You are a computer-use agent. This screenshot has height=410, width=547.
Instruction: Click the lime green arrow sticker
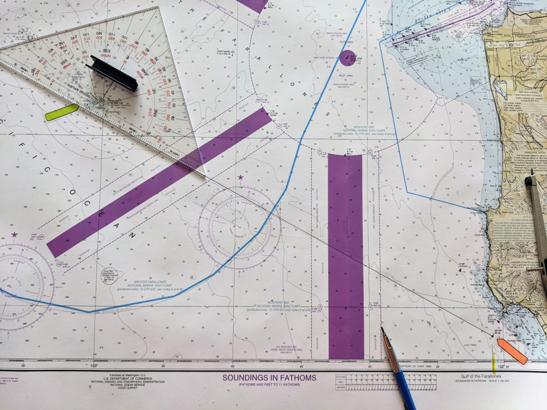coord(61,112)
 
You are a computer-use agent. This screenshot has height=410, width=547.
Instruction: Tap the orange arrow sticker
coord(512,351)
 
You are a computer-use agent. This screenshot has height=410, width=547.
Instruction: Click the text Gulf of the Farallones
coord(478,376)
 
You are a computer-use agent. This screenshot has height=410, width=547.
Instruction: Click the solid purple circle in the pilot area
coord(347,57)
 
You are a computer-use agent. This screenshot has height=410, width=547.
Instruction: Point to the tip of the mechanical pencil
coord(382,328)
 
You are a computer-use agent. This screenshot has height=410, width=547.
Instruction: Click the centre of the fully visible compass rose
coord(240,228)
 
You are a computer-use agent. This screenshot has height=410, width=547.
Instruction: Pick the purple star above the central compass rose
coord(240,178)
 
